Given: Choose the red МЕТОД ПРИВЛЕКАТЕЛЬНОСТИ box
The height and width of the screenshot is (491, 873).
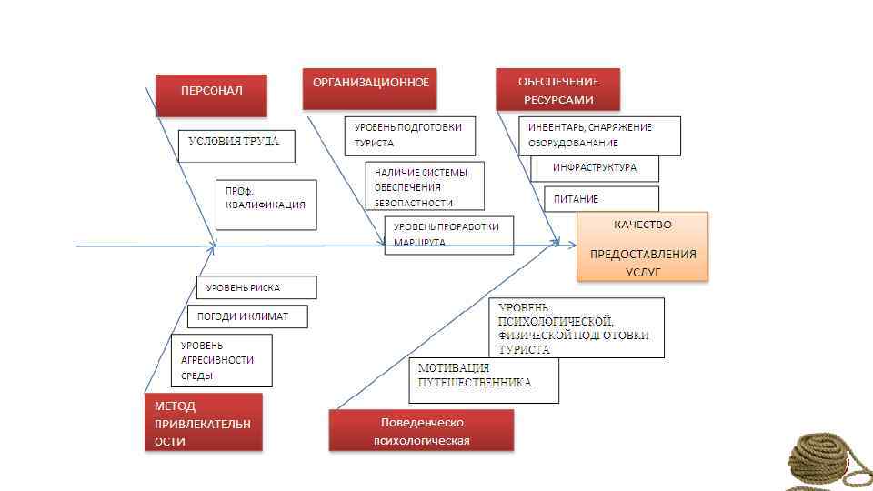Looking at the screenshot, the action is point(203,422).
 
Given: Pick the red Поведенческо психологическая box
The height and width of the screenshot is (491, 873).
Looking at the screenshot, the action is point(421,430).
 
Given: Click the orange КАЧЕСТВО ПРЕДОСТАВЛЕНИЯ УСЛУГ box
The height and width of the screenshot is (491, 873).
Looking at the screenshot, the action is point(642,247).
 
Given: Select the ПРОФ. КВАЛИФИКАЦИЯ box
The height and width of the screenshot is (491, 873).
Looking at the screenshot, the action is point(266,205).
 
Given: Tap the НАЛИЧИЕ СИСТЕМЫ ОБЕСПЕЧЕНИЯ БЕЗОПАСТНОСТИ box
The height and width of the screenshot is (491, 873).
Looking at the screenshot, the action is point(425,186).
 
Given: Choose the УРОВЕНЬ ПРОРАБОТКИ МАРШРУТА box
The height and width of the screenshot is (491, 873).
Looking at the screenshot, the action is point(449,235).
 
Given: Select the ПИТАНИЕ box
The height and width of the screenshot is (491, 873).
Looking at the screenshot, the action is point(600,198).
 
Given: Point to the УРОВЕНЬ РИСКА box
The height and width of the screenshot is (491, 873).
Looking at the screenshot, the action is point(256,287).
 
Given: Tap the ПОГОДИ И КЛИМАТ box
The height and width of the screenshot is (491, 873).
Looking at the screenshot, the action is point(248,316).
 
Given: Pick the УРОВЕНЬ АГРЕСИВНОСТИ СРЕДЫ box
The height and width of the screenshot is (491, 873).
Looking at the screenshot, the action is point(221,360).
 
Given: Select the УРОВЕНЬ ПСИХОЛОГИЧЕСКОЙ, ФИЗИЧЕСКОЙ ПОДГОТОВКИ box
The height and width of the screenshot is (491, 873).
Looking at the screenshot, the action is point(577,327).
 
